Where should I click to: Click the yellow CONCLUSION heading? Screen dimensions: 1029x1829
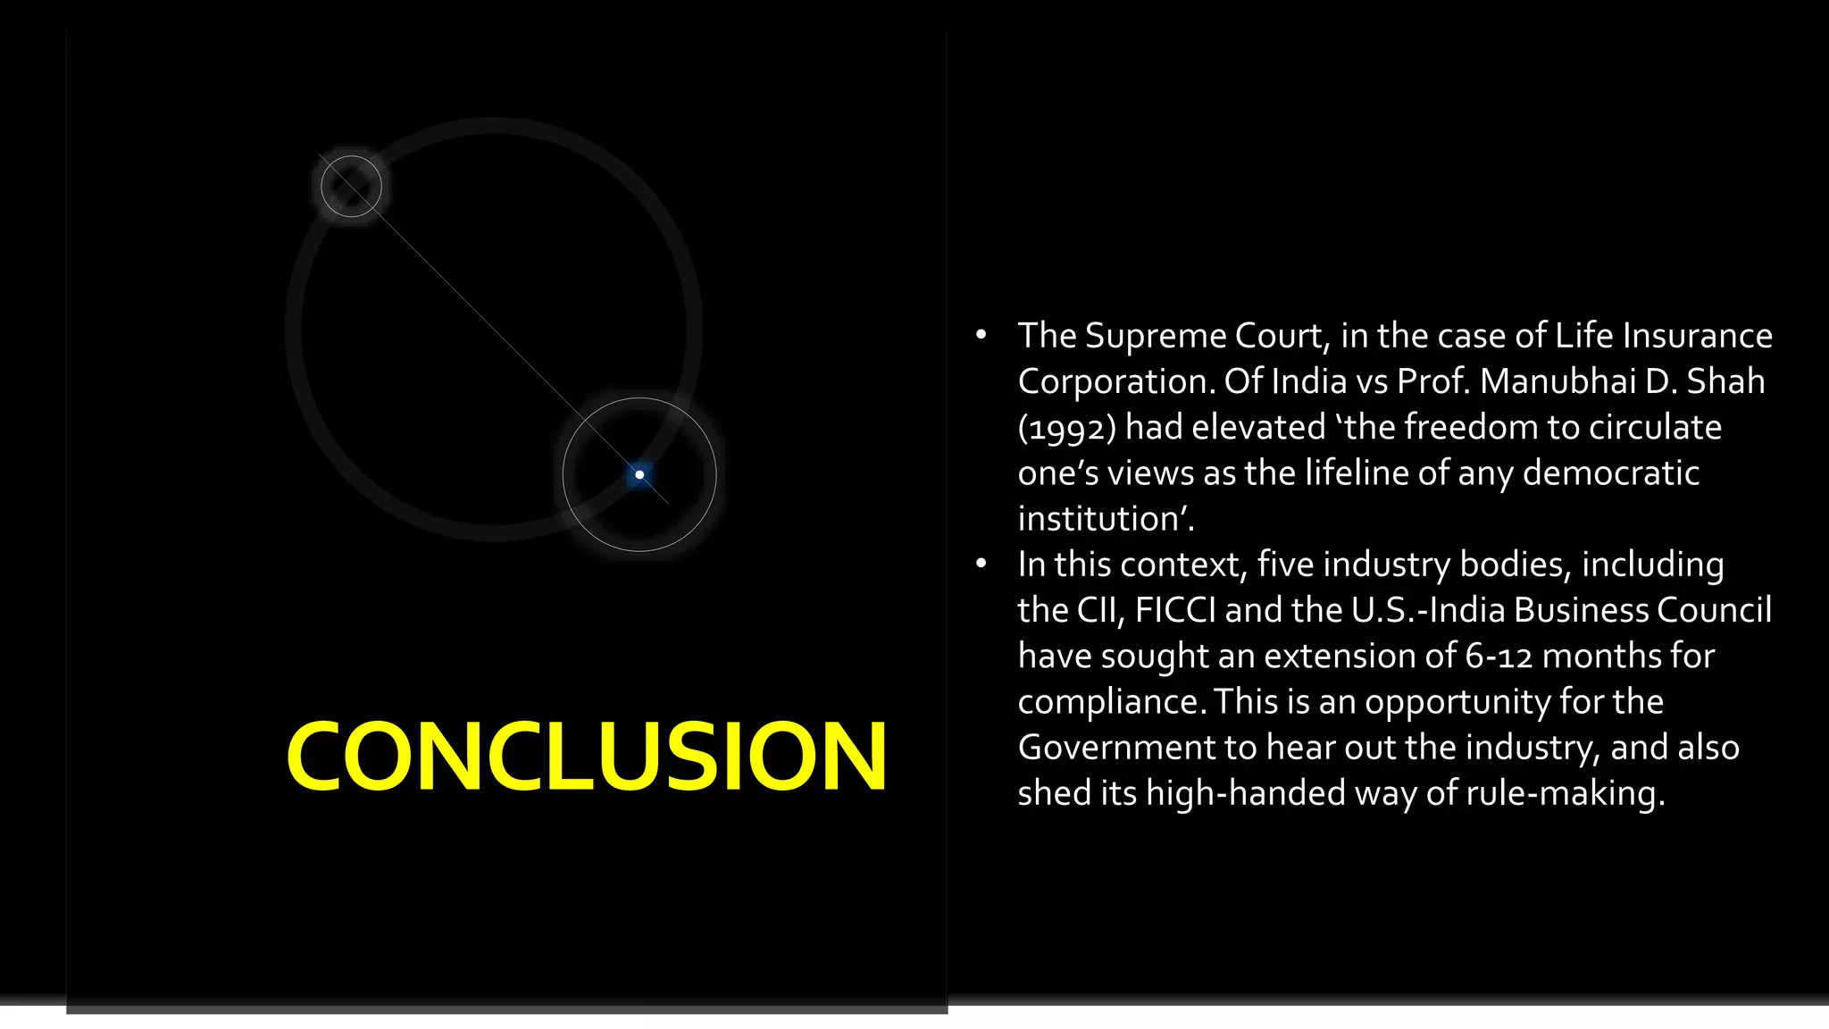pos(586,757)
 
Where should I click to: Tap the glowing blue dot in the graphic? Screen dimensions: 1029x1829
pos(639,474)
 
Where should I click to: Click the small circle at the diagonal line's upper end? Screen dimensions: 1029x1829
pos(351,186)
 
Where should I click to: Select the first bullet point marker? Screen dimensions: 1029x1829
pos(981,336)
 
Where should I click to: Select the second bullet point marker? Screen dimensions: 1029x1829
pos(981,564)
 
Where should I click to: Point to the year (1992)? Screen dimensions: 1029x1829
pos(1066,428)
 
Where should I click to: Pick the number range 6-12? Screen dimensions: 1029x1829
pos(1499,656)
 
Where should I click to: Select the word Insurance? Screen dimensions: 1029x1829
pos(1697,336)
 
